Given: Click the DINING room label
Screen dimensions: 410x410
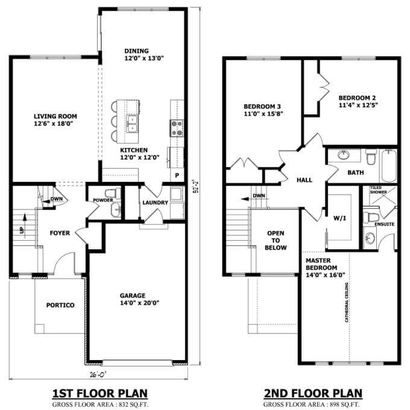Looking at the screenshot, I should point(136,51).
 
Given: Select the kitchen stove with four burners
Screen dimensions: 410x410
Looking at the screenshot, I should point(177,127).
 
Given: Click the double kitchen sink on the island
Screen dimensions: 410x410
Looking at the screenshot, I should point(132,123).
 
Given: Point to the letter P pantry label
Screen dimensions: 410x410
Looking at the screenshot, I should point(177,176).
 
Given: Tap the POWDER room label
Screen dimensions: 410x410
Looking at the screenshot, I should point(102,200).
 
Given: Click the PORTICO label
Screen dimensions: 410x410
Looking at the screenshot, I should point(60,305).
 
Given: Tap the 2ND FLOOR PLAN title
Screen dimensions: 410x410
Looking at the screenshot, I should point(313,393).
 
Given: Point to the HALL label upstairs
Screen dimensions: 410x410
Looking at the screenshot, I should point(304,180).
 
